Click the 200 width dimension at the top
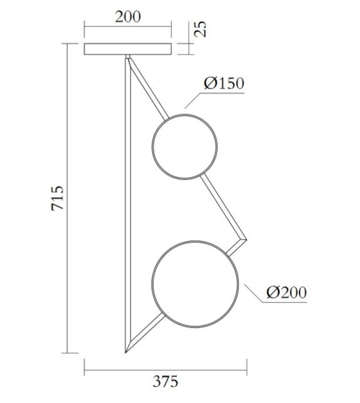(128, 16)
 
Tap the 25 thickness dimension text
(200, 29)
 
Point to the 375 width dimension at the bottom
(166, 380)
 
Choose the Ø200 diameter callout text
(286, 293)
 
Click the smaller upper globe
(184, 146)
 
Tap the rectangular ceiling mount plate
(128, 49)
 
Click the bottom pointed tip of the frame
(126, 352)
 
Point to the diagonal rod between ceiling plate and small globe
(148, 89)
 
